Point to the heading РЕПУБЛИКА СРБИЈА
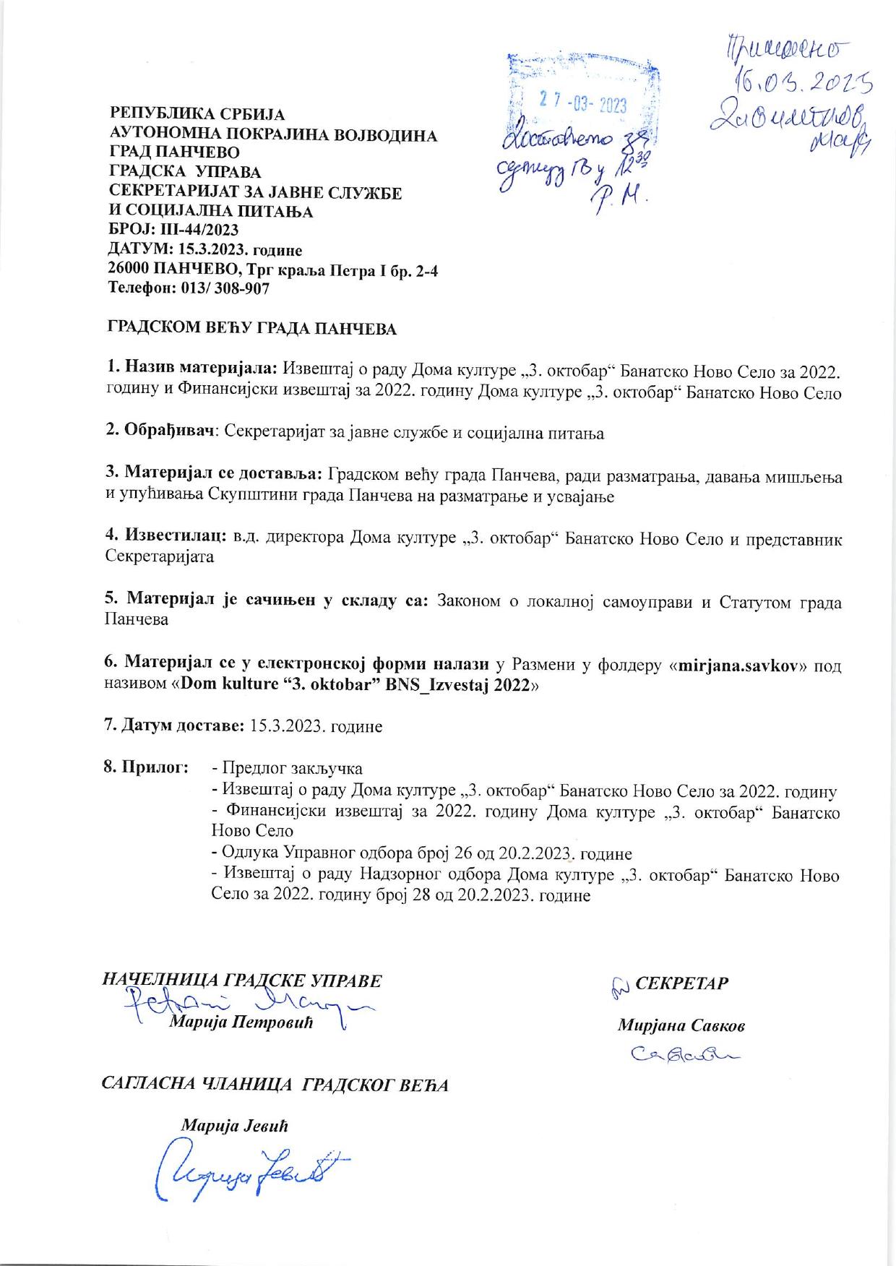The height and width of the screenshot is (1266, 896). pyautogui.click(x=197, y=114)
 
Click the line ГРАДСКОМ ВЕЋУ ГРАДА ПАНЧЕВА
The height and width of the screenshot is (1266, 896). pyautogui.click(x=252, y=329)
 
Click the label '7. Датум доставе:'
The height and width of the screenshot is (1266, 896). pyautogui.click(x=176, y=725)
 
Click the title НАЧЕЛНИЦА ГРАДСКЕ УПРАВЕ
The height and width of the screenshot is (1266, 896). pyautogui.click(x=243, y=981)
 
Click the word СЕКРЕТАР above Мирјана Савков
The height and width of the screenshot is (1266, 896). pyautogui.click(x=681, y=983)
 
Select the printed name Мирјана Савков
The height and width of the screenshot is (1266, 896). pyautogui.click(x=681, y=1025)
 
